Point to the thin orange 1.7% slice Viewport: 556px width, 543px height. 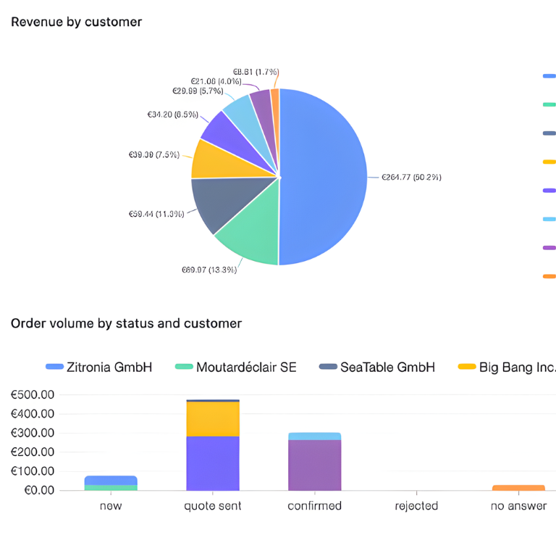[275, 101]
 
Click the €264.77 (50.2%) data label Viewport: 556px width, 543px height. [411, 177]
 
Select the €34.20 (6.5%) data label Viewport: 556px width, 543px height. [172, 114]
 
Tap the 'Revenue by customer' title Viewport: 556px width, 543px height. [76, 22]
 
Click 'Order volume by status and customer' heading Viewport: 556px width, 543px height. [126, 323]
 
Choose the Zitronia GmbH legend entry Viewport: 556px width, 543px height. [99, 367]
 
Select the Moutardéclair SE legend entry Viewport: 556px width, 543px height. [236, 367]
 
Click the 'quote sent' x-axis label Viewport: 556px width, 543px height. [213, 506]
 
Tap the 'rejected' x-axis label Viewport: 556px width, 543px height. [416, 506]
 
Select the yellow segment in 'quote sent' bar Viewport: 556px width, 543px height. [213, 418]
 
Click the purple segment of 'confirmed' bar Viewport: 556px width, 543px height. [314, 465]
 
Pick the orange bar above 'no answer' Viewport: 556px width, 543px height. [518, 487]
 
